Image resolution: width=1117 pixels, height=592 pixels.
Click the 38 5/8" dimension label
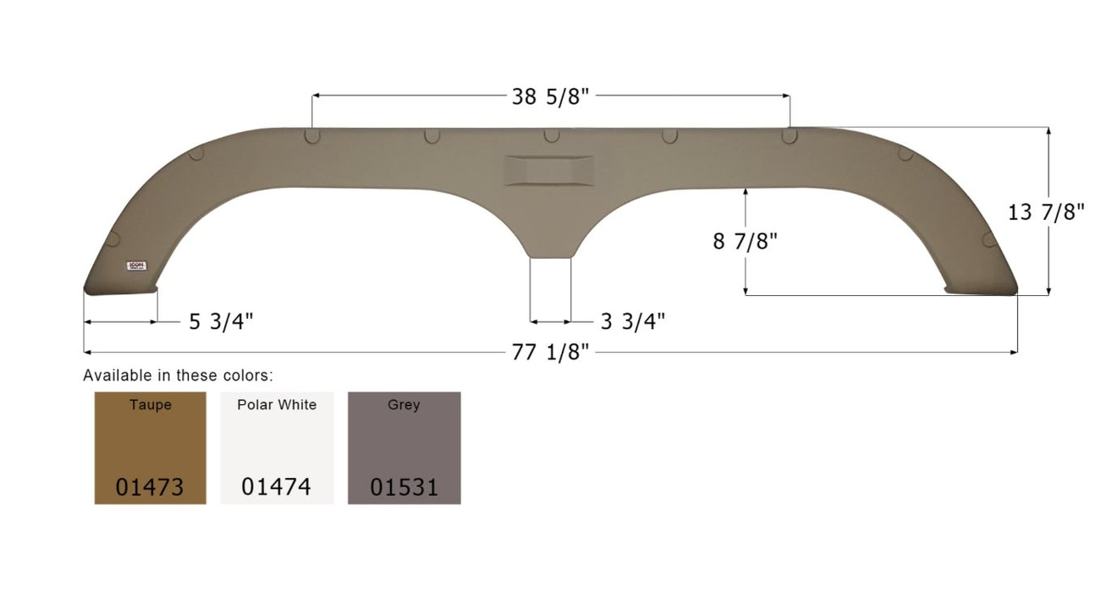[x=550, y=96]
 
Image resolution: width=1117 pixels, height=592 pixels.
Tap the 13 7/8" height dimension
[x=1046, y=211]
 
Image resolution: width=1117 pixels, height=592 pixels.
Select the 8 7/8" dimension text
[x=745, y=241]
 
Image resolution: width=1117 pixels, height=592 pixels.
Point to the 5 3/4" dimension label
[x=221, y=321]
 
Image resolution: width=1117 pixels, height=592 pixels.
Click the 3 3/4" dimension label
[x=632, y=321]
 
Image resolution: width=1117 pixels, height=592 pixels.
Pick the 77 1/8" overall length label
[x=550, y=352]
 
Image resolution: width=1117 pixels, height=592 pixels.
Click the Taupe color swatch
[x=150, y=447]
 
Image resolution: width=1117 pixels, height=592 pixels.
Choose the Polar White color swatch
[x=277, y=447]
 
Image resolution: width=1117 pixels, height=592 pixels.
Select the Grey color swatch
[x=404, y=447]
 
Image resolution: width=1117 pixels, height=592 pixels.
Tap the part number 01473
[x=150, y=487]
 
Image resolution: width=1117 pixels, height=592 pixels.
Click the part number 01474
[x=276, y=487]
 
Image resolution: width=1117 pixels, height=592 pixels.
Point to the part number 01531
[x=404, y=487]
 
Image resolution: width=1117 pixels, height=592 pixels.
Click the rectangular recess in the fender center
[x=549, y=170]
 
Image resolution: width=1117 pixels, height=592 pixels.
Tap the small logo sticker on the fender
[x=137, y=265]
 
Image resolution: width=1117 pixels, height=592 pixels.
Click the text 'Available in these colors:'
[x=178, y=375]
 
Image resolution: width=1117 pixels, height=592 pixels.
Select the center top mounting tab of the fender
[x=551, y=135]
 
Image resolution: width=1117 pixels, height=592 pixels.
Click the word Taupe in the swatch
[x=150, y=405]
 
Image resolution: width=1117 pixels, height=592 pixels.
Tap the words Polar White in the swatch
[x=277, y=405]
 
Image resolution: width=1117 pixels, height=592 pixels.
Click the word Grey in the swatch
[x=404, y=405]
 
